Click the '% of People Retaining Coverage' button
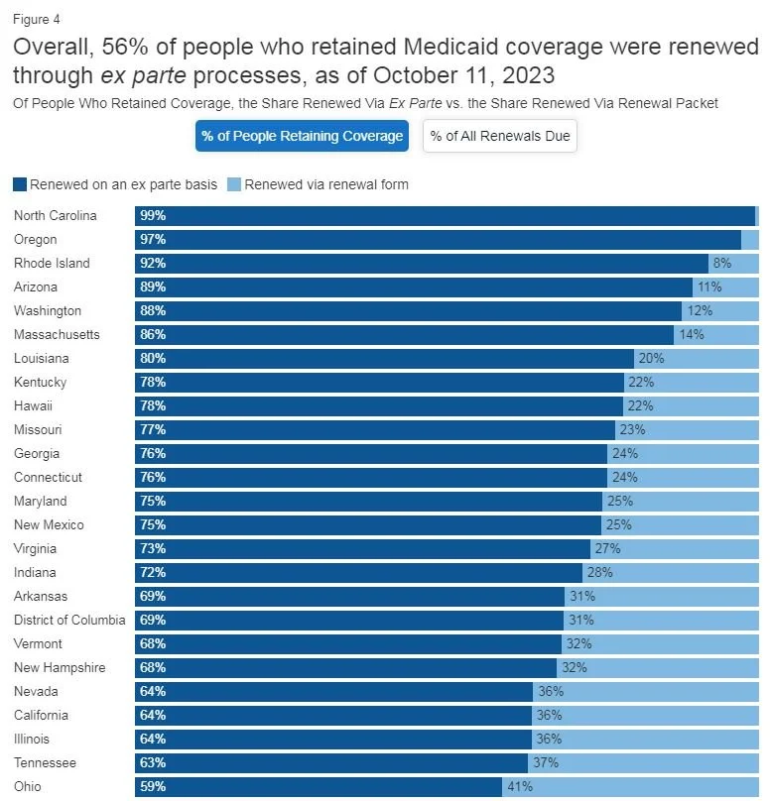click(x=302, y=136)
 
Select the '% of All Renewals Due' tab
click(x=500, y=136)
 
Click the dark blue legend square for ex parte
click(x=20, y=184)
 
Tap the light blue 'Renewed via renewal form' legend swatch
click(x=234, y=184)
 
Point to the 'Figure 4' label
click(x=36, y=19)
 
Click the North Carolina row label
click(x=55, y=215)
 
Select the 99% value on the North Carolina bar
click(x=153, y=215)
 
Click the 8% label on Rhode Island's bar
click(x=721, y=263)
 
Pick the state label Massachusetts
click(x=57, y=334)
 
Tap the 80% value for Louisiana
click(x=153, y=358)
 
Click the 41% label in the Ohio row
click(x=520, y=786)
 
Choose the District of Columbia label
click(x=69, y=620)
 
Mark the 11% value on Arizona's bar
click(x=708, y=286)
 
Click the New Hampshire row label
click(x=60, y=667)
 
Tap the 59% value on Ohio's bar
click(x=153, y=786)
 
